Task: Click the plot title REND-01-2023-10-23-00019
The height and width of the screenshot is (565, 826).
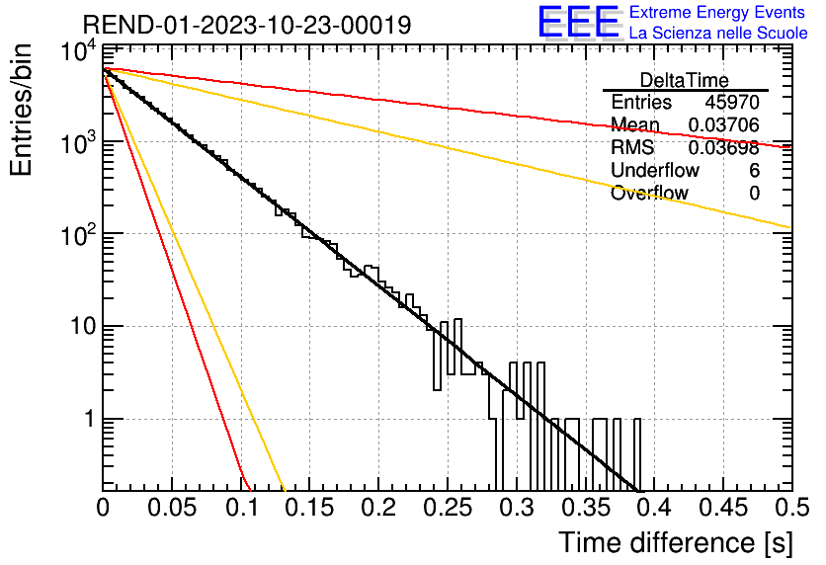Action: [247, 25]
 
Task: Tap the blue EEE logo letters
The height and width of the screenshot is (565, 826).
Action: [579, 23]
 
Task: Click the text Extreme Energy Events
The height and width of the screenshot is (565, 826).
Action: [717, 12]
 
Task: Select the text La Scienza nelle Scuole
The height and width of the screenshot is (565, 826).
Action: [718, 34]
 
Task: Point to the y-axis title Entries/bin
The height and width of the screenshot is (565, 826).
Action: [21, 110]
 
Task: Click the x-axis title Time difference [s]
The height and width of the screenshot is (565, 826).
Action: [676, 542]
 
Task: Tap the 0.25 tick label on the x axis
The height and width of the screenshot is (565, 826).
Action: [448, 508]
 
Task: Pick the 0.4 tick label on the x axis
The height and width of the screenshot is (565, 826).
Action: [655, 508]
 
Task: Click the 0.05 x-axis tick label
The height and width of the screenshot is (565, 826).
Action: [172, 508]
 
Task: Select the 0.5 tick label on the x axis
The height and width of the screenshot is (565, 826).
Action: [792, 508]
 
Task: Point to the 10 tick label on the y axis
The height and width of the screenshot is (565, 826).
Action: [83, 327]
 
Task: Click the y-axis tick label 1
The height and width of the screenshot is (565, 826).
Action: [90, 419]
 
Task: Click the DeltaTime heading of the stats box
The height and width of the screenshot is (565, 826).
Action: [685, 80]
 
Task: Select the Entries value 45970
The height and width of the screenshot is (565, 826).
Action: [732, 102]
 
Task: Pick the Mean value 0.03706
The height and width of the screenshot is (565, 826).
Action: [724, 124]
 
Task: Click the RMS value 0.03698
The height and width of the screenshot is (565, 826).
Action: [724, 148]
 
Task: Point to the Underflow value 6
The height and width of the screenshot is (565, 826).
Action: [754, 170]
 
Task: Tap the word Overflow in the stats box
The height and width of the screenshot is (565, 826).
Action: [649, 193]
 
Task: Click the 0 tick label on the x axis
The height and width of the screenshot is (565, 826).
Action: [103, 508]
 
